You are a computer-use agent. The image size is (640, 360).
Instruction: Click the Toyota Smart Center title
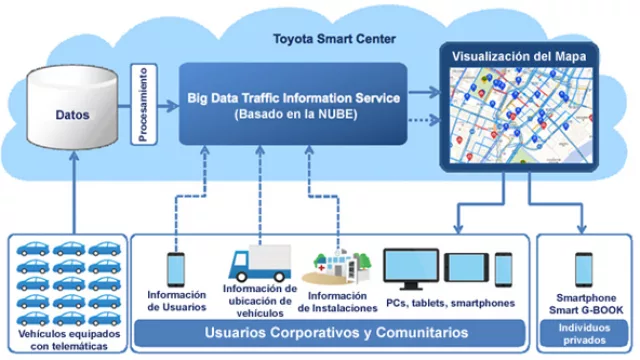click(x=335, y=40)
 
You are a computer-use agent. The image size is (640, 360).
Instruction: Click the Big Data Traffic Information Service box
click(x=295, y=105)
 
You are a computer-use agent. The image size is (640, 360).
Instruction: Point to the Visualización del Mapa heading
click(x=517, y=57)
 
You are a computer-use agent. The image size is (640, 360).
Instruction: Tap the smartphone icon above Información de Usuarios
click(x=176, y=265)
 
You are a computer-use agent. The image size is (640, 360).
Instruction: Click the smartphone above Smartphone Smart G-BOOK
click(x=586, y=268)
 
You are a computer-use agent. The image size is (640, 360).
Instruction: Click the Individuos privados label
click(x=585, y=333)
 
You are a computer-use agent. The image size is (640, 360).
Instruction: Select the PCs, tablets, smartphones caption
click(x=450, y=302)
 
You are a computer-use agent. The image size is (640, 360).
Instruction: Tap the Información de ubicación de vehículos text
click(x=259, y=301)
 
